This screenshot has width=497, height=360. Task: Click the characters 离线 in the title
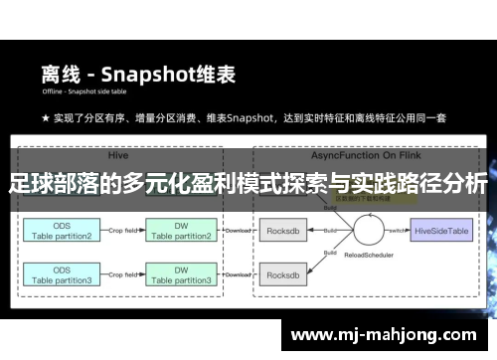click(x=60, y=74)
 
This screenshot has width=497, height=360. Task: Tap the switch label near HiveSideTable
click(x=396, y=227)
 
